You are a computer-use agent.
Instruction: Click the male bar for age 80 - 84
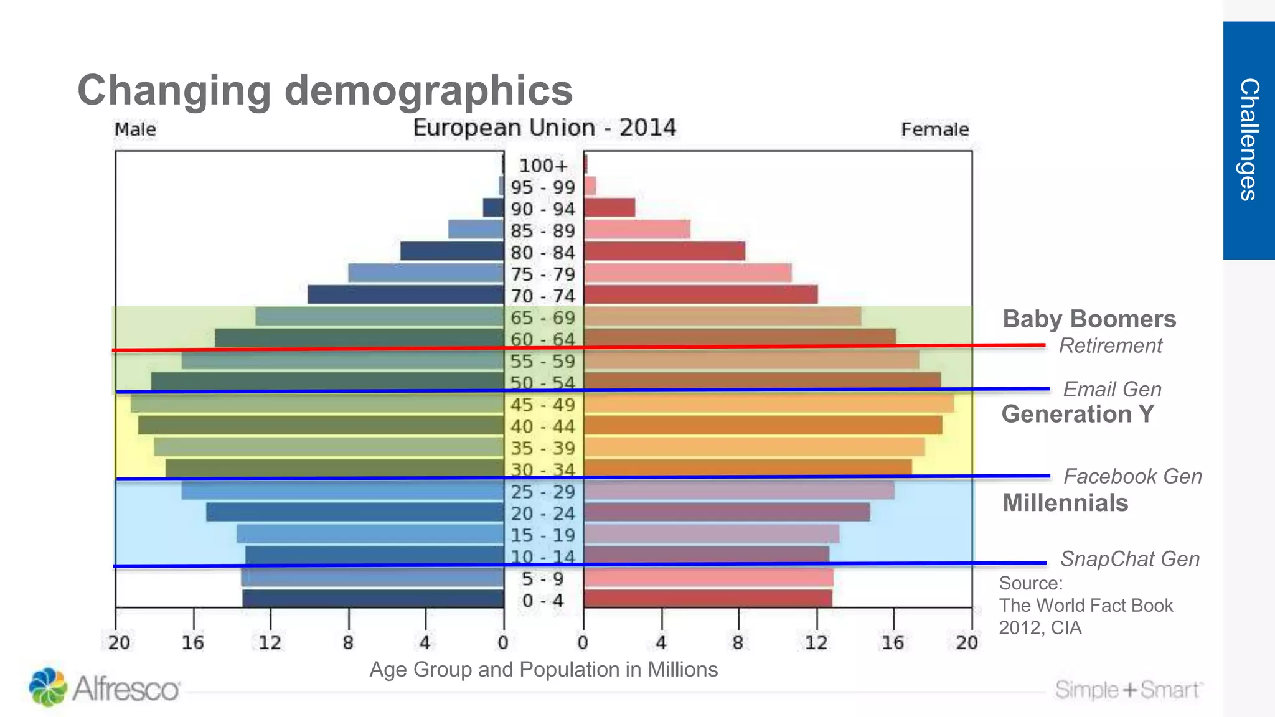point(452,251)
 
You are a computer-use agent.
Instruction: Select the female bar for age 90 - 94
point(609,208)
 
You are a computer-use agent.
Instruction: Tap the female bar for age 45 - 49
point(768,404)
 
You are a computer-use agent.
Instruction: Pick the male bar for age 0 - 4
point(373,599)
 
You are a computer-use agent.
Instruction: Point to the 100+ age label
point(543,166)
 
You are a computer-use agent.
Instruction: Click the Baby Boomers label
point(1089,319)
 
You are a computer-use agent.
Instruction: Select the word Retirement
point(1110,345)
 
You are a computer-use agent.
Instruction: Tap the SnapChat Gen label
point(1129,559)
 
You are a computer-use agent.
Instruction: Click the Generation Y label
point(1078,414)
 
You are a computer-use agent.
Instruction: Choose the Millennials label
point(1065,502)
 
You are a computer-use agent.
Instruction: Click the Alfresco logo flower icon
point(47,687)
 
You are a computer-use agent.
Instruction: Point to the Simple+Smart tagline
point(1129,690)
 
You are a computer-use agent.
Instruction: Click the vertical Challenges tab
point(1249,140)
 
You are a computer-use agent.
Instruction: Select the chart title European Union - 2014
point(544,128)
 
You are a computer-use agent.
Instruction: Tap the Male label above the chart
point(135,129)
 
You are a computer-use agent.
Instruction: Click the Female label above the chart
point(934,129)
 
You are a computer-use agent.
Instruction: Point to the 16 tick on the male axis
point(193,642)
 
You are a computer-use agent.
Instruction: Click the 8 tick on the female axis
point(738,642)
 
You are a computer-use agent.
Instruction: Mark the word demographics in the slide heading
point(428,90)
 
